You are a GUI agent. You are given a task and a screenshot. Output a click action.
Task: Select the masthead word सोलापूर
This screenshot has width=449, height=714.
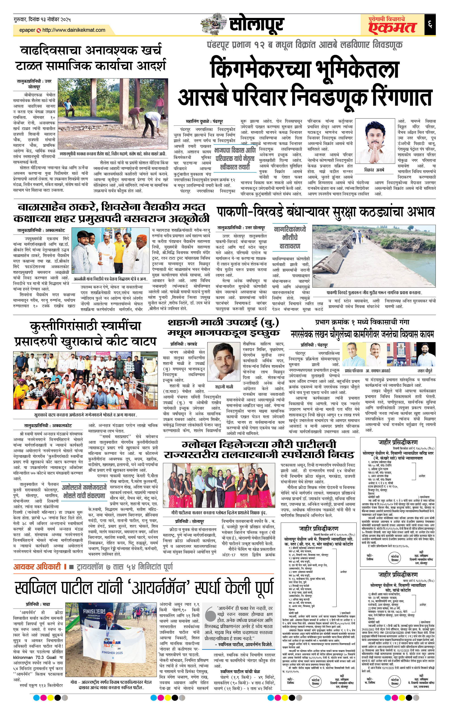[256, 25]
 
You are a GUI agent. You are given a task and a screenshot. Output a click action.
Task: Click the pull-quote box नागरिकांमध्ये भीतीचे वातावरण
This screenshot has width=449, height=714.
[289, 238]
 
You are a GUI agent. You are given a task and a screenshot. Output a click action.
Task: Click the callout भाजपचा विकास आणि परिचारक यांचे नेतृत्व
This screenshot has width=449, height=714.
[235, 159]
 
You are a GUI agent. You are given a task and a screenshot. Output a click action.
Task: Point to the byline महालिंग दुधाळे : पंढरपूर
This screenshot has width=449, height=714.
[204, 122]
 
